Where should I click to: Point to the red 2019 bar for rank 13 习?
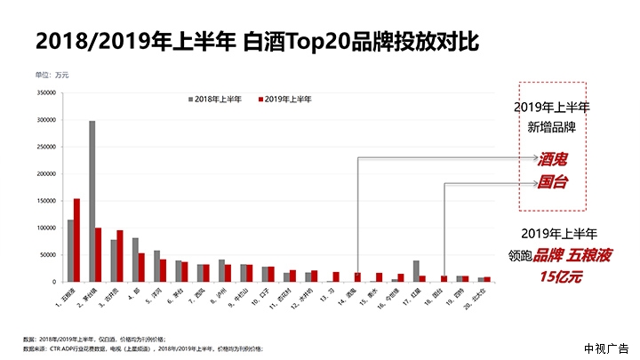pyautogui.click(x=336, y=276)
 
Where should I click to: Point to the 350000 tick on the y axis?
pyautogui.click(x=47, y=92)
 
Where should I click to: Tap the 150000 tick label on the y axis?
pyautogui.click(x=47, y=201)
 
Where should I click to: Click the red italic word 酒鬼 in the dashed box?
pyautogui.click(x=552, y=160)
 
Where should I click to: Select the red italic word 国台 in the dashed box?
pyautogui.click(x=552, y=184)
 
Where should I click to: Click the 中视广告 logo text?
pyautogui.click(x=606, y=347)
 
